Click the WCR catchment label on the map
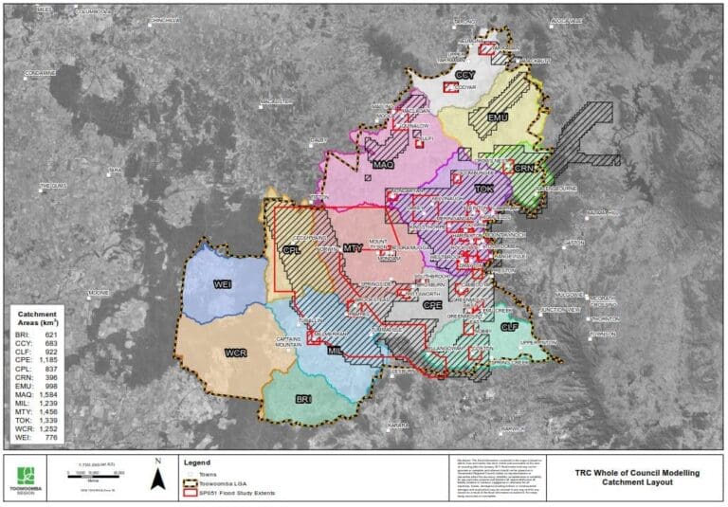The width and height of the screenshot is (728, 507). [236, 353]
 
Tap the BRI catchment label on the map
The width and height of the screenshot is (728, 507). [304, 399]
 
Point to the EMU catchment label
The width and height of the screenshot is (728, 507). [499, 117]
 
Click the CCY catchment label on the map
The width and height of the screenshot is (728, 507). [464, 75]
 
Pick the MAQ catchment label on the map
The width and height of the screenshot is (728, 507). [383, 165]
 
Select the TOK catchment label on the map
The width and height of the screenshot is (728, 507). [484, 189]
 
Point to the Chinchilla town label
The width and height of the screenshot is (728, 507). [165, 18]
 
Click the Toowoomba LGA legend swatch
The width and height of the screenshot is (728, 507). [193, 481]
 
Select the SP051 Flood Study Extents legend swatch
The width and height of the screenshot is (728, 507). [193, 491]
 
